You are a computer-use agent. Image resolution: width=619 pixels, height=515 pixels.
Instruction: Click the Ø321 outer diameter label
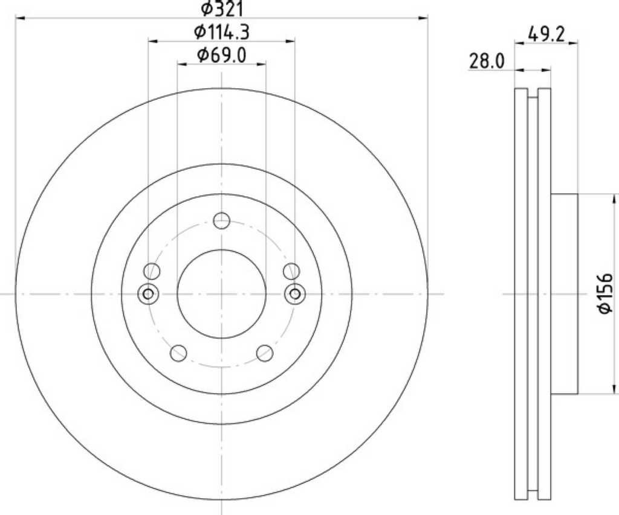(x=222, y=8)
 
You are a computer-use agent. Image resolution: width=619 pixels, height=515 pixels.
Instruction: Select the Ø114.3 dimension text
(x=222, y=33)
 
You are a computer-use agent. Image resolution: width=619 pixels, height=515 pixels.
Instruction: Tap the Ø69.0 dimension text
(x=222, y=56)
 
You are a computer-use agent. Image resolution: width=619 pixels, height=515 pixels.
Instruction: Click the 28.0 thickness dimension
(x=487, y=62)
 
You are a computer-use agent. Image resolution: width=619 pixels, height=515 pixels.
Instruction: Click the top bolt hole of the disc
(x=221, y=220)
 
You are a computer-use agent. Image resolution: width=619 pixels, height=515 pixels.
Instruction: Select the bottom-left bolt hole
(x=178, y=353)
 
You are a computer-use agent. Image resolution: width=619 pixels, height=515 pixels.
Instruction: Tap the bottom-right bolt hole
(x=265, y=353)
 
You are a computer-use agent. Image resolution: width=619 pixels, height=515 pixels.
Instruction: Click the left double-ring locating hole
(x=148, y=294)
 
